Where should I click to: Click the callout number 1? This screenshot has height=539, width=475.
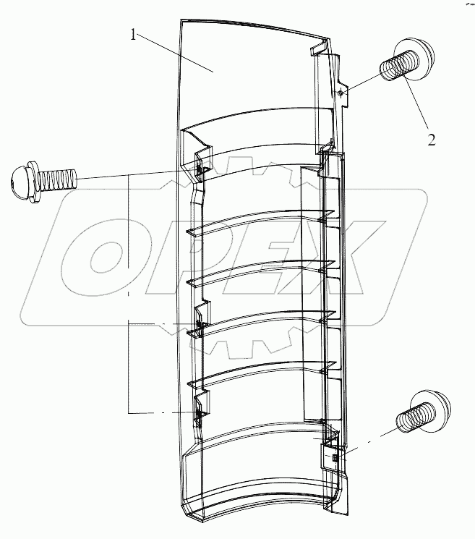click(133, 35)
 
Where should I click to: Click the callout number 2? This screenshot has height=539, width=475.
click(432, 140)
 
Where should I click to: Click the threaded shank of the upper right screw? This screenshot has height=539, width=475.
click(394, 67)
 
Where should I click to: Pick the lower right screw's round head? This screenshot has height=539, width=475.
click(434, 410)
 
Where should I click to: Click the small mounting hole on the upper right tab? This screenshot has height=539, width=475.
click(340, 93)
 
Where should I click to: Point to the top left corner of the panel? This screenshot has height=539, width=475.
click(181, 20)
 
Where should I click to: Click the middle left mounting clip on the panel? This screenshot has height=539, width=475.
click(202, 317)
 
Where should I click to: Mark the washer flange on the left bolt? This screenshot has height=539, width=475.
click(33, 182)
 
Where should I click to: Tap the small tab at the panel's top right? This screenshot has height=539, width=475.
click(317, 48)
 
